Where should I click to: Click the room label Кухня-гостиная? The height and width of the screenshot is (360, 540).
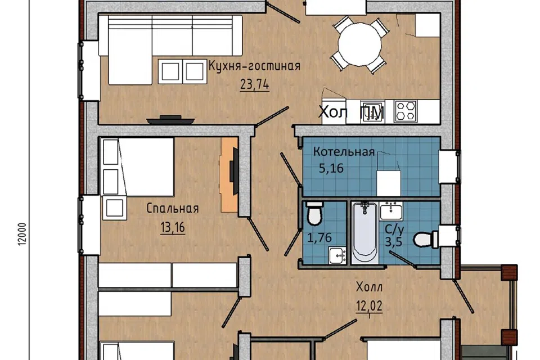[x=254, y=65]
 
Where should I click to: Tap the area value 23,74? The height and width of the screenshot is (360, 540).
[x=254, y=84]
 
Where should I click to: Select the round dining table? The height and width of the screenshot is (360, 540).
[x=359, y=44]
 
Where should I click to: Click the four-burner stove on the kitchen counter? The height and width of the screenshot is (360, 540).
[x=406, y=111]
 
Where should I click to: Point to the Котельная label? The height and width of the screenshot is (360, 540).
[x=344, y=151]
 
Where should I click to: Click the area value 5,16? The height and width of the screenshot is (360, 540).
[x=331, y=168]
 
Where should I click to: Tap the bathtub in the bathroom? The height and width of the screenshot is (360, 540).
[x=365, y=232]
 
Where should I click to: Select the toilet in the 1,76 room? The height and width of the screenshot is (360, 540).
[x=314, y=213]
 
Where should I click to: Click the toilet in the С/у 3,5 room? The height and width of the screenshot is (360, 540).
[x=426, y=238]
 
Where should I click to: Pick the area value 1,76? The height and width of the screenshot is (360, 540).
[x=319, y=237]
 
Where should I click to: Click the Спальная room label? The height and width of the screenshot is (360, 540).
[x=173, y=209]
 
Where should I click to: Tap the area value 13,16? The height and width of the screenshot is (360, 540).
[x=173, y=227]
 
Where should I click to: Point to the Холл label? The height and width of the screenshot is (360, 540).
[x=369, y=287]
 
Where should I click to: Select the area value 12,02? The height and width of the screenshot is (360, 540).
[x=369, y=306]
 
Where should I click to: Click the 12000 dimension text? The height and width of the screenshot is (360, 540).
[x=22, y=234]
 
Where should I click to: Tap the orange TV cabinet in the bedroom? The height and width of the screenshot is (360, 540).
[x=229, y=175]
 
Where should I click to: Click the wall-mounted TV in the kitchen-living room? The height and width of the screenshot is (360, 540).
[x=170, y=120]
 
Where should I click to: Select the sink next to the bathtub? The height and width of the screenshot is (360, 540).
[x=391, y=211]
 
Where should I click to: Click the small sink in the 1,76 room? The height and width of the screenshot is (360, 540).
[x=337, y=255]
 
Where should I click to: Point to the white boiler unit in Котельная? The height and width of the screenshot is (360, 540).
[x=389, y=183]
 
